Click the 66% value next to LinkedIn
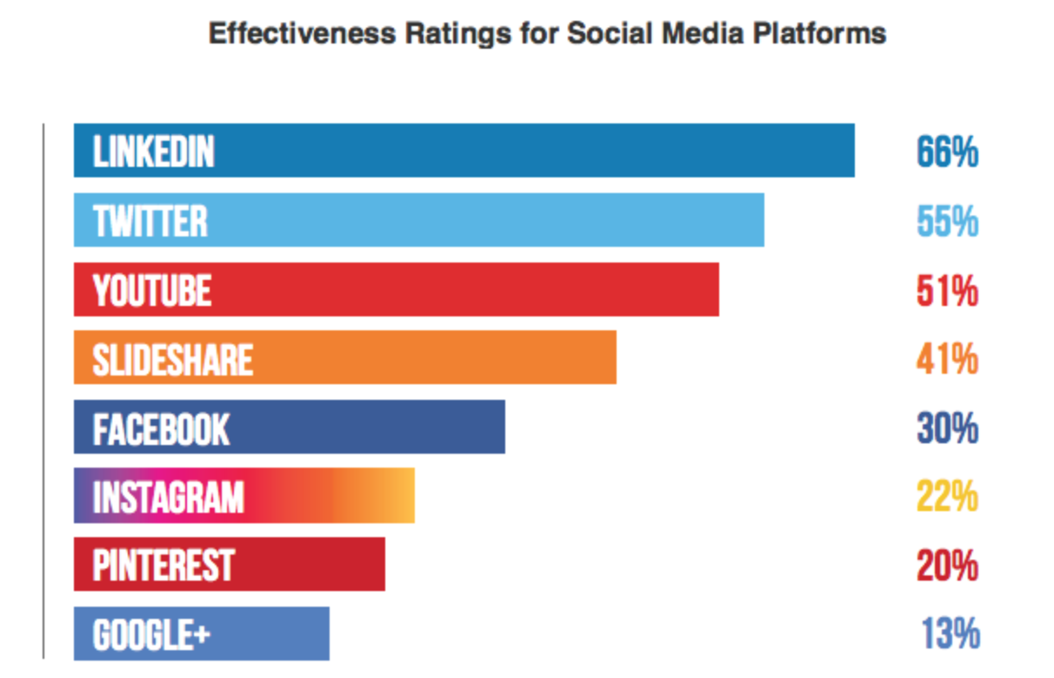(947, 153)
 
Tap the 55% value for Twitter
(947, 222)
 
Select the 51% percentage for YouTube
(947, 290)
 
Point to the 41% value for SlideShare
(947, 359)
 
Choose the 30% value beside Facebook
(947, 428)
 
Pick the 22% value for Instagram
(947, 496)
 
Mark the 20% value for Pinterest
(947, 566)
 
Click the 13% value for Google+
(951, 634)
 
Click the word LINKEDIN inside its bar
(153, 153)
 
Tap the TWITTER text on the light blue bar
(150, 222)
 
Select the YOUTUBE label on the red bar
(152, 290)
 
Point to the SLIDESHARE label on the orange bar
(173, 359)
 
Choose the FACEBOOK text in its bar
(161, 429)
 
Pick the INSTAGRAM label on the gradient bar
(168, 497)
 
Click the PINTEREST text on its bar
(163, 566)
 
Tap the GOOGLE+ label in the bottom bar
(151, 635)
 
